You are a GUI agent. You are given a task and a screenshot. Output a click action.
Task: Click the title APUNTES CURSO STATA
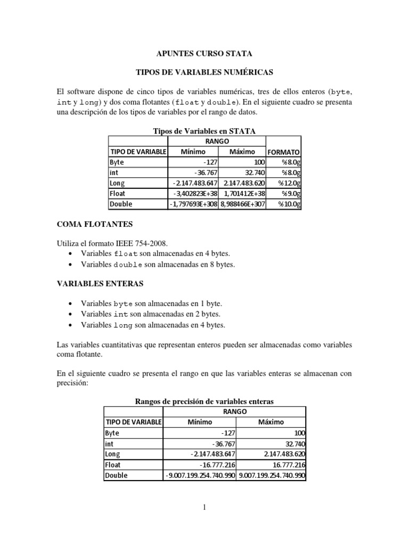204,54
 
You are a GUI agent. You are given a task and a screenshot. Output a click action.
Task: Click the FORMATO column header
284,152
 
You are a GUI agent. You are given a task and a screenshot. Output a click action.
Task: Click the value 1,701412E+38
242,193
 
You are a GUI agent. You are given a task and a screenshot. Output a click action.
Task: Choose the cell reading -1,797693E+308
193,204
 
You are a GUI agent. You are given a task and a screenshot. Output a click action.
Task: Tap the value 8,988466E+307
242,204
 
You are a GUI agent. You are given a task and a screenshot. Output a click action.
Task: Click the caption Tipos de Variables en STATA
204,131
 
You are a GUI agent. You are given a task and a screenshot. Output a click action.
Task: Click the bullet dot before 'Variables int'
71,313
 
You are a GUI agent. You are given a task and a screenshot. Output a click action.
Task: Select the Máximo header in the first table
242,152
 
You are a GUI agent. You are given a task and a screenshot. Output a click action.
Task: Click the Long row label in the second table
113,454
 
